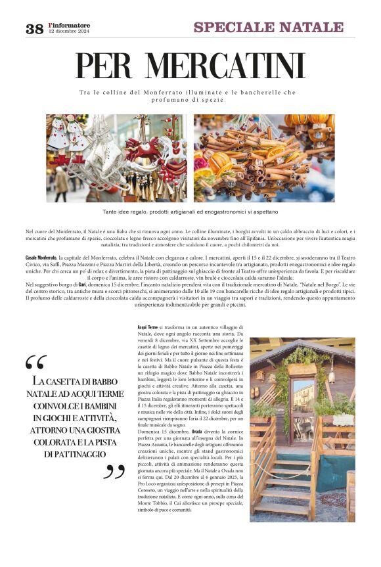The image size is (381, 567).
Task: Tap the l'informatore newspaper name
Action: click(x=69, y=26)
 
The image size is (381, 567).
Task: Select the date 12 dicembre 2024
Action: click(x=69, y=32)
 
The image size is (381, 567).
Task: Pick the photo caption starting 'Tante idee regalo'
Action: click(x=190, y=212)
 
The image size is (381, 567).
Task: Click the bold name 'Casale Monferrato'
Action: click(x=41, y=257)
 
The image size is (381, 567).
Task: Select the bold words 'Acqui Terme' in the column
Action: click(x=147, y=327)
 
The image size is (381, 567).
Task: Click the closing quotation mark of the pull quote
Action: click(x=114, y=471)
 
